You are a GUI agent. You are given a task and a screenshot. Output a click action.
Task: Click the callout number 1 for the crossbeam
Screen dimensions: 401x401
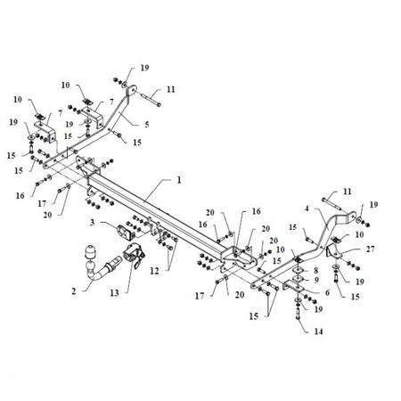tap(179, 180)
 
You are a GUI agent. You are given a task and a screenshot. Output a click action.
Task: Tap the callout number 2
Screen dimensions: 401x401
tap(74, 291)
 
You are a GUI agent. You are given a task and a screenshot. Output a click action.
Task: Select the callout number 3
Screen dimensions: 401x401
tap(93, 222)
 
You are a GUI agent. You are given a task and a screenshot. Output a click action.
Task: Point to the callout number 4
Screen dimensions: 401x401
tap(307, 209)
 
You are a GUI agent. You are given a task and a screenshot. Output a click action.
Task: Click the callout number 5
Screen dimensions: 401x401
tap(147, 125)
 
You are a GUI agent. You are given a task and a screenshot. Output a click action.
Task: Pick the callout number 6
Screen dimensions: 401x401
tap(327, 292)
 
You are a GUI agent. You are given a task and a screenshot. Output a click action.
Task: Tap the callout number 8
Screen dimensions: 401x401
tap(315, 270)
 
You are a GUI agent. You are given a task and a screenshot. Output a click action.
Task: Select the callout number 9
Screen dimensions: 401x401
tap(316, 280)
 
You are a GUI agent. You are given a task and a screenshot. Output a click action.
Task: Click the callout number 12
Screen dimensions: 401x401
tap(154, 271)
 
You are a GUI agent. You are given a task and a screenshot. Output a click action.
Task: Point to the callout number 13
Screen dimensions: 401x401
tap(114, 293)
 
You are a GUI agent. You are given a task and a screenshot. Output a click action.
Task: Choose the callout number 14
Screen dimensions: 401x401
tap(318, 331)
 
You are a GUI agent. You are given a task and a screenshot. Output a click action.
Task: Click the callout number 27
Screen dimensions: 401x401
tap(370, 249)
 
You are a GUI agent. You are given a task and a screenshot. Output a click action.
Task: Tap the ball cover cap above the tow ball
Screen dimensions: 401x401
tap(89, 252)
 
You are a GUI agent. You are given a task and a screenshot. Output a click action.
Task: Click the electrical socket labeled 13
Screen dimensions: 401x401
tap(134, 255)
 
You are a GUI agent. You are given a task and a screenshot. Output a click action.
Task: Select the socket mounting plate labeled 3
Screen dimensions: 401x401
tap(124, 232)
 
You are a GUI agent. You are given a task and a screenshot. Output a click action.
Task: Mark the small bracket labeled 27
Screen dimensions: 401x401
tap(332, 251)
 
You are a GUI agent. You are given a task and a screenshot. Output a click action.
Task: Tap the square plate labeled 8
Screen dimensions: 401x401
tap(298, 271)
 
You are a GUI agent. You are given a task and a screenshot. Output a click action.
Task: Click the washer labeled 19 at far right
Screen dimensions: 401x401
tap(359, 220)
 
